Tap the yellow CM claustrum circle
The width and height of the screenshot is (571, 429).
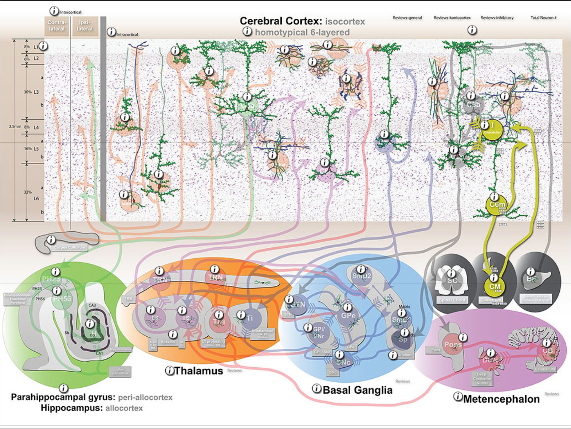495,287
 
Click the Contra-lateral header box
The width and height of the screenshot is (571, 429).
57,26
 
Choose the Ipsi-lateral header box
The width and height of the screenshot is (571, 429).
85,26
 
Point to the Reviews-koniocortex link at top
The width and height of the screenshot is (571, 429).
452,18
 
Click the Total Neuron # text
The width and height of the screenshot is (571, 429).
543,18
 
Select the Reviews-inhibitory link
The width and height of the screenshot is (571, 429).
497,18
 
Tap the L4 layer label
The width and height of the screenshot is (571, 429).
36,127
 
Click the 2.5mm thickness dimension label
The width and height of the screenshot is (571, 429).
15,126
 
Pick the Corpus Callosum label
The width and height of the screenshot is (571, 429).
69,247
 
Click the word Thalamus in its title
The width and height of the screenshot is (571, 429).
199,371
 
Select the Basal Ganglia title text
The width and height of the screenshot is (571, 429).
357,390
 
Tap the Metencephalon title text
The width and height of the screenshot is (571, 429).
501,399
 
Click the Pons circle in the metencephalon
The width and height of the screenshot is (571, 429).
452,345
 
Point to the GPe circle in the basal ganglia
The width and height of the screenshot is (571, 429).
348,315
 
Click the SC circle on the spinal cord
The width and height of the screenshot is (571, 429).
452,280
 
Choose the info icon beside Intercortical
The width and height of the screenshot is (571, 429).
54,11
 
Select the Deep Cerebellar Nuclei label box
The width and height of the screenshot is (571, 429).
482,379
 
